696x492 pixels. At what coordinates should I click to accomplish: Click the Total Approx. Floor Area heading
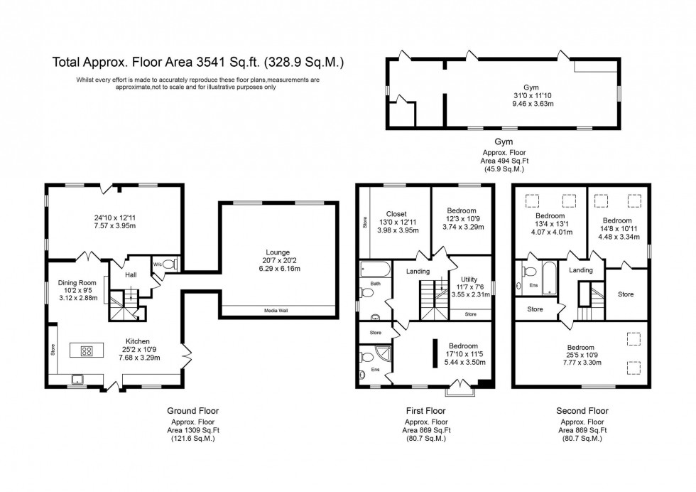pos(198,62)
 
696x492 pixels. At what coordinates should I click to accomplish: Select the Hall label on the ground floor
pos(131,275)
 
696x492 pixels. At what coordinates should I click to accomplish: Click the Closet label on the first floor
pos(396,213)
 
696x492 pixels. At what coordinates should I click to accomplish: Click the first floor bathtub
pos(374,270)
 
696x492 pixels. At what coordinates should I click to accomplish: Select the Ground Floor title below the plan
pos(192,411)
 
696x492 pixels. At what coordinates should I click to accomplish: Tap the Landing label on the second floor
pos(581,269)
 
